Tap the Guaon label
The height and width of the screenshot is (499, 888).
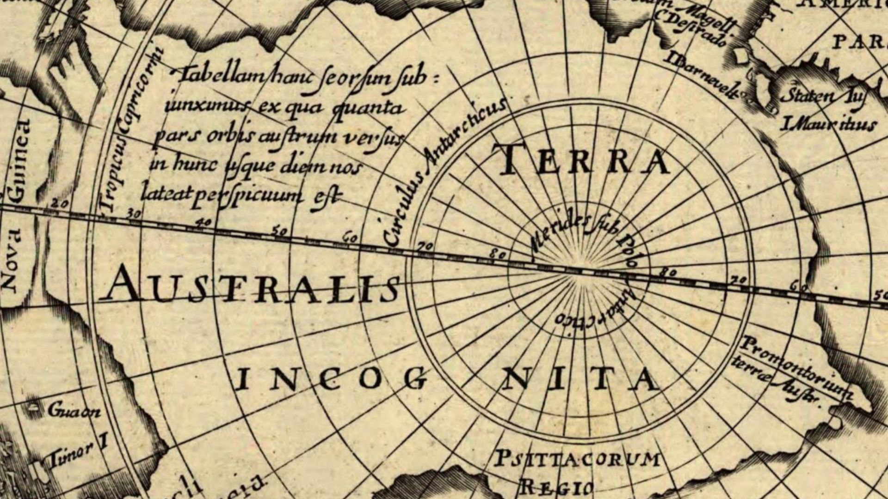click(74, 410)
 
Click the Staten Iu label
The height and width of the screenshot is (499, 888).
click(823, 97)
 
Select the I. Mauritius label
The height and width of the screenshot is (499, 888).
click(828, 124)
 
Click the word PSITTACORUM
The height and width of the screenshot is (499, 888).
click(578, 460)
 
